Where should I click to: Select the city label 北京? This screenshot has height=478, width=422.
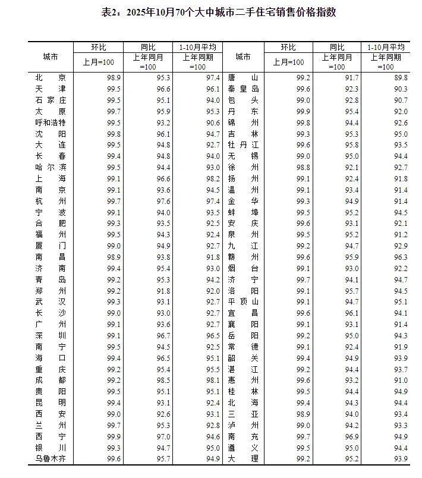(51, 77)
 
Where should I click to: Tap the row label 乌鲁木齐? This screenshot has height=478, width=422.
(51, 458)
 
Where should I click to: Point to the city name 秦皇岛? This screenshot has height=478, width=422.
(243, 89)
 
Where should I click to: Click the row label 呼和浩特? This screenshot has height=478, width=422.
(51, 122)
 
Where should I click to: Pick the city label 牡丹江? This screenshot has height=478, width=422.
(243, 144)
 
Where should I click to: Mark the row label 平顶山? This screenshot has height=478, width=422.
(243, 301)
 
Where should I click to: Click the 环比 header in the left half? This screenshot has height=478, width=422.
(98, 47)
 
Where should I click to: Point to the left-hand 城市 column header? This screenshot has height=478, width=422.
(51, 57)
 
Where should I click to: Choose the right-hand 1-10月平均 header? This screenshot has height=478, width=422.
(386, 47)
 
